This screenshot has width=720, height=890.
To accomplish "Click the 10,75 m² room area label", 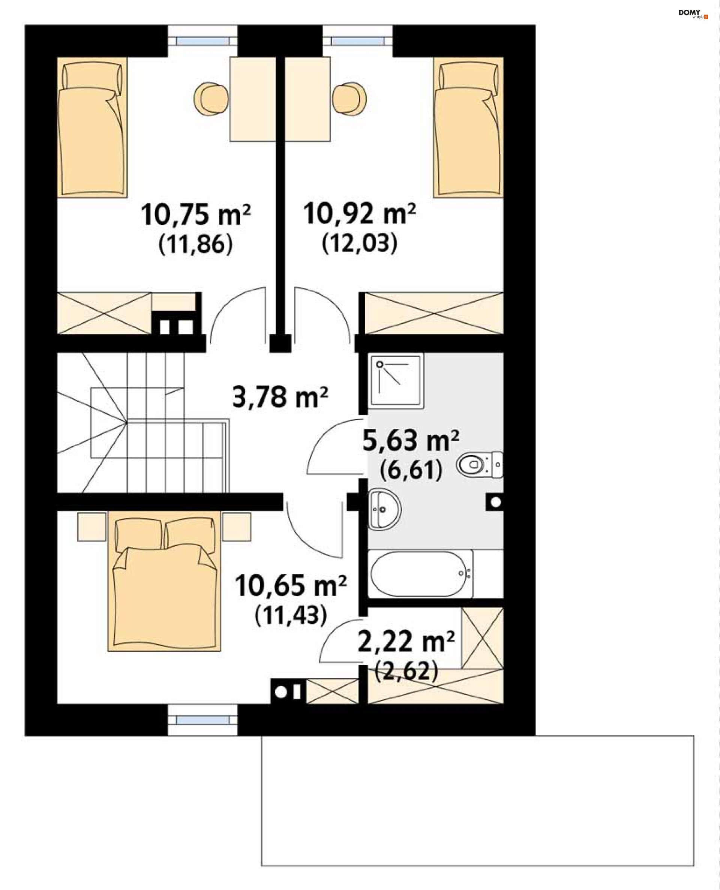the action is coord(195,215).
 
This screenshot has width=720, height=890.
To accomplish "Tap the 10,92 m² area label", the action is coord(359,214).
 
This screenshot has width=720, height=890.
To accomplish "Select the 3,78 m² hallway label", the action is coord(280,396).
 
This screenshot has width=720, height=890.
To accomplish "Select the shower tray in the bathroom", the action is coord(396,380).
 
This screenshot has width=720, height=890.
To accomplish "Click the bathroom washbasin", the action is coord(384,509).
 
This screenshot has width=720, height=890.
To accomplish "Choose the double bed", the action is coord(164,581).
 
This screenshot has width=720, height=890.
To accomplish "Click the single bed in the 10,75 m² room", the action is coord(92,127).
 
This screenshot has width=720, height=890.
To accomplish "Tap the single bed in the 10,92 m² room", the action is coord(468,127).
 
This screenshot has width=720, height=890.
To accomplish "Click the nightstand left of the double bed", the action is coord(91,527).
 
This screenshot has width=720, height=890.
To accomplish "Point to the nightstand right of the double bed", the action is coord(236,527).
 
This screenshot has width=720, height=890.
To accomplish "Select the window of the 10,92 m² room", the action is coord(357,41).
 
